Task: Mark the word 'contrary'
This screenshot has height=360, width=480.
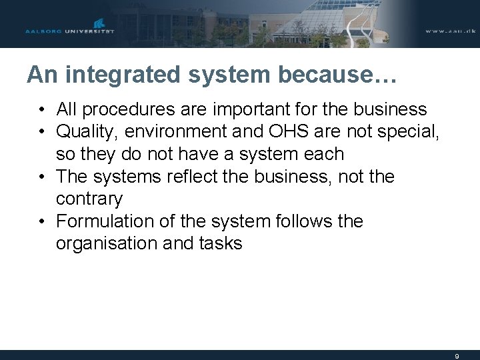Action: click(89, 199)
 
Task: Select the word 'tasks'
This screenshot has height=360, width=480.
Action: click(220, 243)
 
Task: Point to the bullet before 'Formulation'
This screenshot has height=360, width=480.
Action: click(42, 221)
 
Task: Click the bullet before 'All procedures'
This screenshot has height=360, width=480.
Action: click(42, 109)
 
